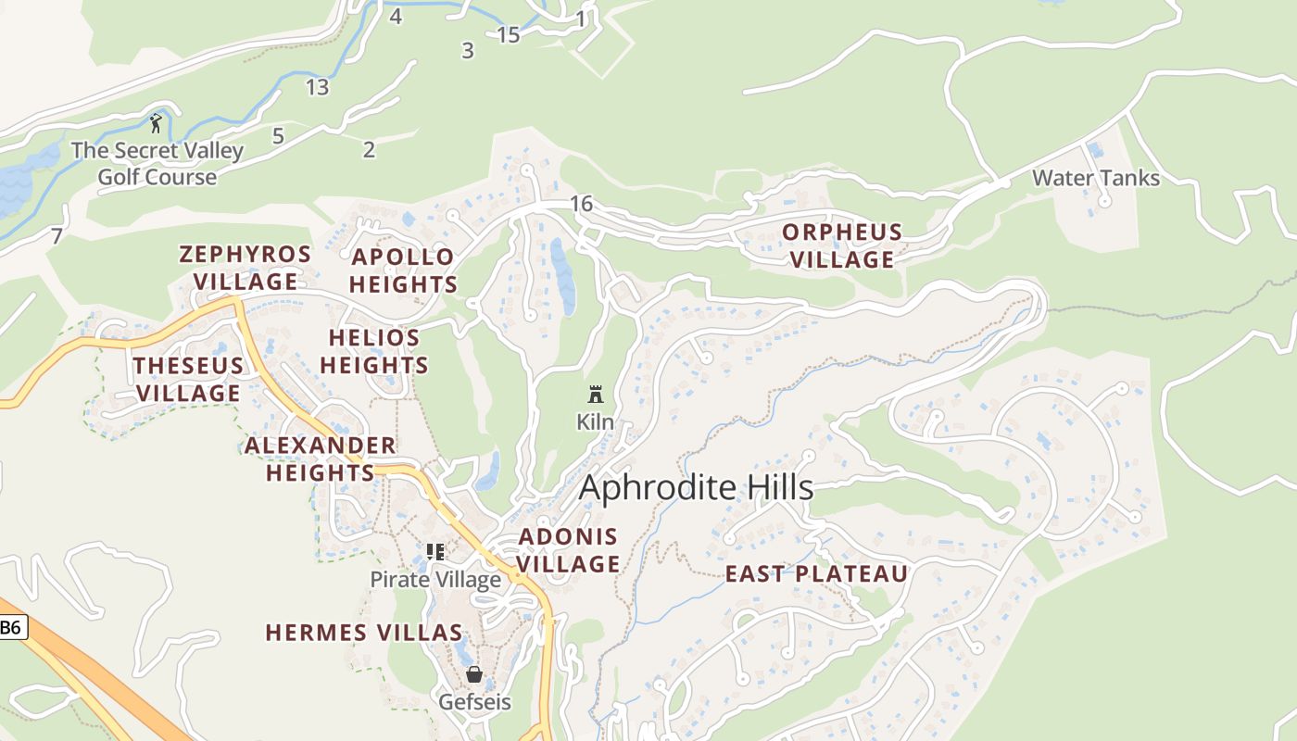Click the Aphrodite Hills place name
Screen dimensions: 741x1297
coord(696,488)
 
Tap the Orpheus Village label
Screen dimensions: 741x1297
coord(842,245)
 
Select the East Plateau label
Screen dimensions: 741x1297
coord(816,574)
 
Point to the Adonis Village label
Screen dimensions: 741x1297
coord(568,550)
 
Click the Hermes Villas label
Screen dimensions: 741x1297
coord(364,633)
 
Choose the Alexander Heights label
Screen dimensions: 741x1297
coord(321,459)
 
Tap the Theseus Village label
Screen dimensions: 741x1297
coord(188,379)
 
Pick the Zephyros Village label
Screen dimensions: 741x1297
coord(245,268)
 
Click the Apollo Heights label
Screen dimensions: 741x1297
coord(403,270)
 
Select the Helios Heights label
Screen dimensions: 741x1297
coord(374,351)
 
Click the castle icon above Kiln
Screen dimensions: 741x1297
coord(596,395)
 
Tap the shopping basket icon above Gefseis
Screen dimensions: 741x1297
coord(474,674)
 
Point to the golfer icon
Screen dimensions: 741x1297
coord(156,122)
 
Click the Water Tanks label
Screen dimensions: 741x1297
coord(1096,178)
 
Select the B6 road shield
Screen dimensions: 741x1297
coord(10,627)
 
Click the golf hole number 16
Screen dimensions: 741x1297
coord(581,204)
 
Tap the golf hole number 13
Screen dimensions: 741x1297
coord(317,88)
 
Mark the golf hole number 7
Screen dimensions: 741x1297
coord(57,236)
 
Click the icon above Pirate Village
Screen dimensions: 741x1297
coord(435,552)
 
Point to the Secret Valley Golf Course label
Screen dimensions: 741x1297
coord(157,163)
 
